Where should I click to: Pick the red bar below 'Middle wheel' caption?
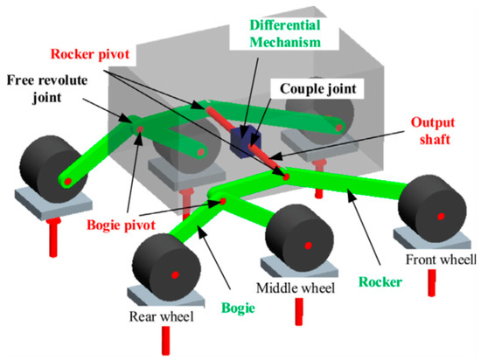pyautogui.click(x=299, y=312)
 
